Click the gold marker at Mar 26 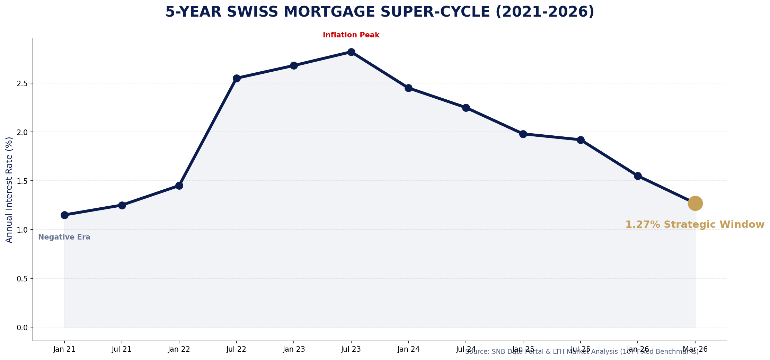click(x=695, y=203)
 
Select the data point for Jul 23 click(x=351, y=52)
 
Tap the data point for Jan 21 click(x=64, y=215)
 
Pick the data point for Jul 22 click(x=236, y=78)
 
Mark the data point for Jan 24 click(x=408, y=88)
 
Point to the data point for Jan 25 click(x=523, y=134)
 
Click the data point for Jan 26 click(x=638, y=176)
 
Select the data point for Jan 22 click(x=179, y=186)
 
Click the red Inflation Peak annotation click(x=351, y=35)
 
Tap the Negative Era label click(x=64, y=237)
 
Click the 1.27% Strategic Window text click(x=694, y=225)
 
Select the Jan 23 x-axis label click(x=294, y=349)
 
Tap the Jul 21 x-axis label click(x=122, y=349)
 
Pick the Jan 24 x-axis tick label click(x=408, y=349)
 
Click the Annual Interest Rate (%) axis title click(x=9, y=190)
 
